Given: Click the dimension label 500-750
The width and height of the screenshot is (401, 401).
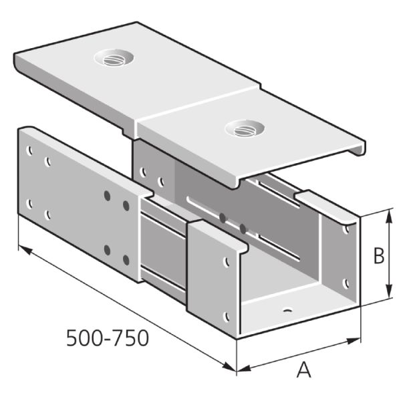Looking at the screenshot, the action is pos(108,338).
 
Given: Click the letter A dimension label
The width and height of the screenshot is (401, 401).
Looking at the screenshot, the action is pos(304,370).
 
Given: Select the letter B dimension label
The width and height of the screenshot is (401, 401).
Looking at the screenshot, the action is pos(379,255).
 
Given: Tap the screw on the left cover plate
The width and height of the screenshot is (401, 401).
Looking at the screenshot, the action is pos(114,59).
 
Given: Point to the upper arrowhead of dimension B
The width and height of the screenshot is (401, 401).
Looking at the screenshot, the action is pos(389,215).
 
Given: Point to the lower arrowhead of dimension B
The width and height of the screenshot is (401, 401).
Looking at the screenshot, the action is pos(389,291).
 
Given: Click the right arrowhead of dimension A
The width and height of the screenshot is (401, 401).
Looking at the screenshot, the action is pos(354,341).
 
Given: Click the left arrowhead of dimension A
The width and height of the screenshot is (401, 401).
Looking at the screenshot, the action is pos(244,368).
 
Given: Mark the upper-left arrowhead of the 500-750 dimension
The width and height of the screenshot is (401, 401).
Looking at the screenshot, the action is pos(25,249).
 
